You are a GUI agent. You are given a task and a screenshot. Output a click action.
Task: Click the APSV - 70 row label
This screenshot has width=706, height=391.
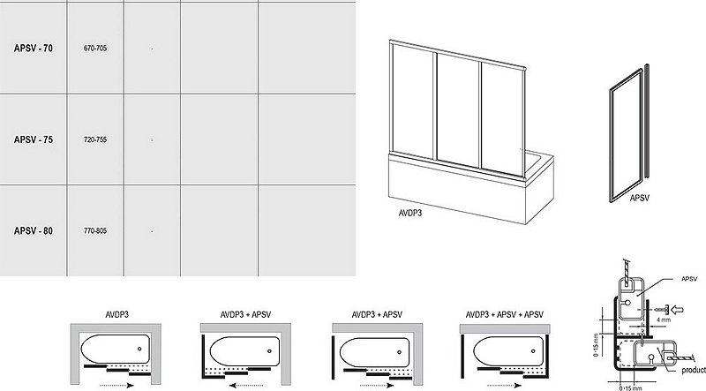34,49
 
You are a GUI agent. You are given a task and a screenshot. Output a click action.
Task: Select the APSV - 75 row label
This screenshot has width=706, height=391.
34,139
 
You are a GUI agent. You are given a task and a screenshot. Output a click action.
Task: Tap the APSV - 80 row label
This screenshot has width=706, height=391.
34,231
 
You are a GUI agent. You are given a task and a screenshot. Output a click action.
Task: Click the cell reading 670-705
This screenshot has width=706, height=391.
95,49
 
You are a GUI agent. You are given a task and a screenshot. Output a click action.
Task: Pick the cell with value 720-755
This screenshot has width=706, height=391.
95,139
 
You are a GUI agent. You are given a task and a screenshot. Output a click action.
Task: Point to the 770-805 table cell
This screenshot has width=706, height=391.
95,230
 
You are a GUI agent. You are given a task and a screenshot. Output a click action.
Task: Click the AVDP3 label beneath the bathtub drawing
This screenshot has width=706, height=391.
410,213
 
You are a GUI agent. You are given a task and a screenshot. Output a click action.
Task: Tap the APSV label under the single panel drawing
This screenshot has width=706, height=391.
639,198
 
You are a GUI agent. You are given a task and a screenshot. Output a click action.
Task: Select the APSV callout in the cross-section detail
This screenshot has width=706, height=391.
689,279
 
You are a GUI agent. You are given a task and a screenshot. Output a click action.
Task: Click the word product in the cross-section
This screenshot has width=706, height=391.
694,371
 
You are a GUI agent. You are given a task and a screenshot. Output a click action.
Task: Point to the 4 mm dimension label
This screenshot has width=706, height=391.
664,320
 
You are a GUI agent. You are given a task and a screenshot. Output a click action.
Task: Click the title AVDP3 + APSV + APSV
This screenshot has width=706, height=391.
504,314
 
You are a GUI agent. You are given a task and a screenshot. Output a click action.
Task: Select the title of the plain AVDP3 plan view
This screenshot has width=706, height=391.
117,314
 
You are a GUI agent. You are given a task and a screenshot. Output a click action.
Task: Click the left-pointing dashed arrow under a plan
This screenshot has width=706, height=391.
245,385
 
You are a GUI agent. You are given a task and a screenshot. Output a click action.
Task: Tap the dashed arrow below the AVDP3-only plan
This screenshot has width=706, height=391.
116,385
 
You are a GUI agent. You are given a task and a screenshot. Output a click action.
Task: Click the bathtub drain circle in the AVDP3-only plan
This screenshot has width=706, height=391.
139,349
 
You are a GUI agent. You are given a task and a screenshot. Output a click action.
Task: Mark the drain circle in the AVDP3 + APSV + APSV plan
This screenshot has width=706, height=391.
533,351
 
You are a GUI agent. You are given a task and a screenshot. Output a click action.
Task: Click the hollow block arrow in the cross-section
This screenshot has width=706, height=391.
677,310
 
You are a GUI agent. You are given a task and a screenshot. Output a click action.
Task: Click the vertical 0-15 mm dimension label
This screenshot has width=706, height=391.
597,345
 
